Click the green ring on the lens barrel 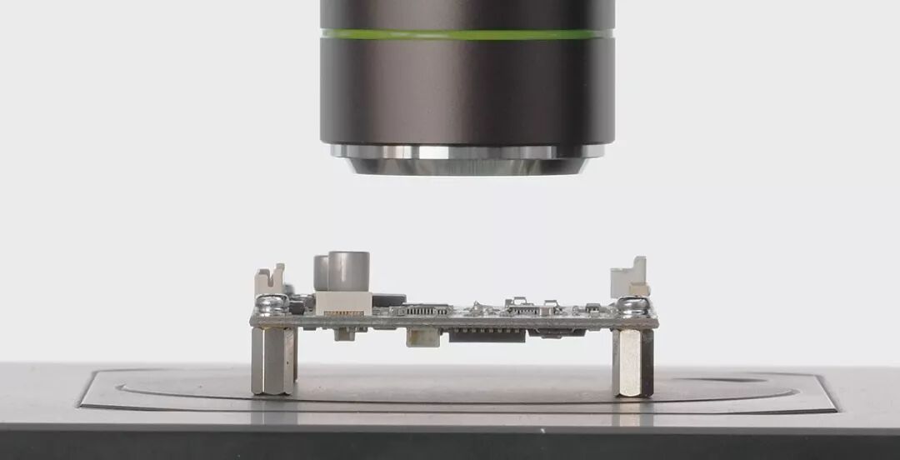467,35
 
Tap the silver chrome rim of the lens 467,152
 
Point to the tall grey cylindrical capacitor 348,271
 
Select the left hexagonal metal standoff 272,360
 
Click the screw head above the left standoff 272,304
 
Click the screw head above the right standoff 632,305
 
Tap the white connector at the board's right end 631,279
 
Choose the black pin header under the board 487,335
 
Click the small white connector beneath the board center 422,337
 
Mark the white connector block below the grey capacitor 342,302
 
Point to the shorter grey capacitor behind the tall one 320,272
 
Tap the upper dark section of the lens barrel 467,14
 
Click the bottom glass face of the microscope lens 467,167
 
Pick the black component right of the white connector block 388,299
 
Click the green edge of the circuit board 454,321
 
